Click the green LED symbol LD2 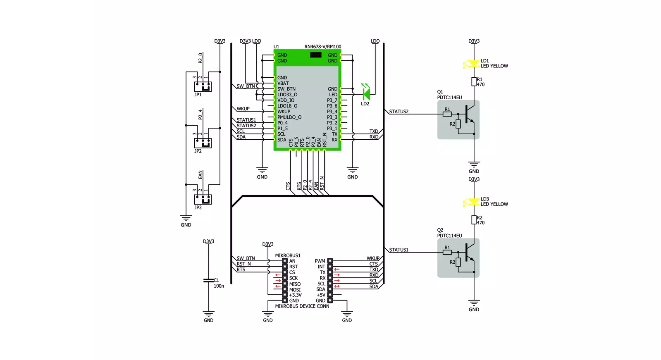[367, 94]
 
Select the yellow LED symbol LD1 [473, 64]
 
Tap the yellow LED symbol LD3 [473, 202]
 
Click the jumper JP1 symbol [203, 86]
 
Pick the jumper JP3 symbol [203, 200]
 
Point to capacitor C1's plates [209, 280]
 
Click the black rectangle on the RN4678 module [316, 55]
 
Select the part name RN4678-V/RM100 [323, 47]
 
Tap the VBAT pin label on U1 [283, 83]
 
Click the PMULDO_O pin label [289, 117]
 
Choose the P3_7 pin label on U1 [332, 100]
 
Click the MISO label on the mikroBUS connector [295, 284]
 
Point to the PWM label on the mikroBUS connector [320, 261]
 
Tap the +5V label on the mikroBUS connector [321, 295]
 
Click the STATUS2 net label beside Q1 [399, 112]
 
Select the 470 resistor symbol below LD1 [474, 82]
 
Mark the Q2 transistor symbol [458, 258]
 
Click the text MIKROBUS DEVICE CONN [302, 306]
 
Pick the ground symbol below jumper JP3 [186, 218]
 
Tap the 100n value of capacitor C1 [219, 286]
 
